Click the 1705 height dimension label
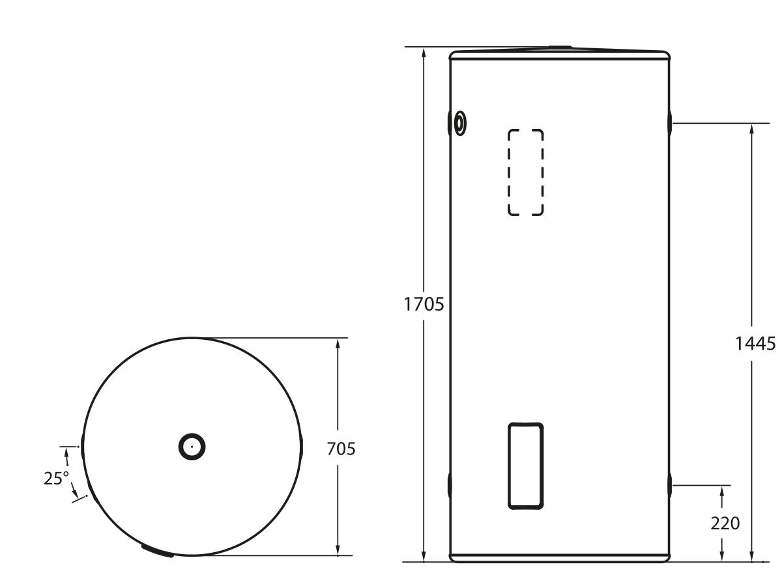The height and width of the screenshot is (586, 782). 424,304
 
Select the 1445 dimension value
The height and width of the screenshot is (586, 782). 755,343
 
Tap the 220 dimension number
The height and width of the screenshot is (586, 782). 725,523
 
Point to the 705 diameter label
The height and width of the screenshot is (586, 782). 341,449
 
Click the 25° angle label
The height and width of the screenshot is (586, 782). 56,479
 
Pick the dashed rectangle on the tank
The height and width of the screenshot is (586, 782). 525,172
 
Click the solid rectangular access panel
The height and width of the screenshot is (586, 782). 525,466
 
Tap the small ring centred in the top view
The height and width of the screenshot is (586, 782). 192,447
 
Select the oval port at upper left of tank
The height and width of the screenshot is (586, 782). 459,122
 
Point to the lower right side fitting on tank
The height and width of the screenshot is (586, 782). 670,486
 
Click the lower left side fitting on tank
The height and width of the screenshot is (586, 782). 450,486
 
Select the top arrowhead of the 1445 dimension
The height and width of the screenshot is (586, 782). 752,129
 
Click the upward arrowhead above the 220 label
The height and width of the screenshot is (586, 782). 722,492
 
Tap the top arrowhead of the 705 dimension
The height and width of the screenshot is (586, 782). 338,344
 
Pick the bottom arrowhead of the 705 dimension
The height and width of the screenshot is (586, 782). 338,550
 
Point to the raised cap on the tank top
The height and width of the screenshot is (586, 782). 560,48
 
